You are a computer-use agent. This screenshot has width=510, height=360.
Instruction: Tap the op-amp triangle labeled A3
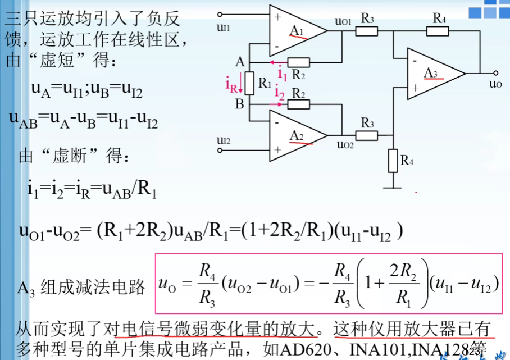tap(432, 74)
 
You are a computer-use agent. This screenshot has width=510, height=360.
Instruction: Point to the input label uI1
tap(223, 26)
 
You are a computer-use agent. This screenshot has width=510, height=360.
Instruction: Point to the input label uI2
tap(223, 140)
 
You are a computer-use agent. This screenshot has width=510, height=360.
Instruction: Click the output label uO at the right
tap(494, 84)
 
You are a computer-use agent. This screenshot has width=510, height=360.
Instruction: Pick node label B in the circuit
tap(240, 104)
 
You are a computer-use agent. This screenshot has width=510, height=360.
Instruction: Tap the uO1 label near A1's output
tap(343, 21)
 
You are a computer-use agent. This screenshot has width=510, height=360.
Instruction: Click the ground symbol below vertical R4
tap(393, 186)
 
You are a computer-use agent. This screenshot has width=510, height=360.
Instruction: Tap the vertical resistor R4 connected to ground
tap(393, 160)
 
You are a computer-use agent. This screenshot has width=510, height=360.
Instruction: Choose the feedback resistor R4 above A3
tap(440, 31)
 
